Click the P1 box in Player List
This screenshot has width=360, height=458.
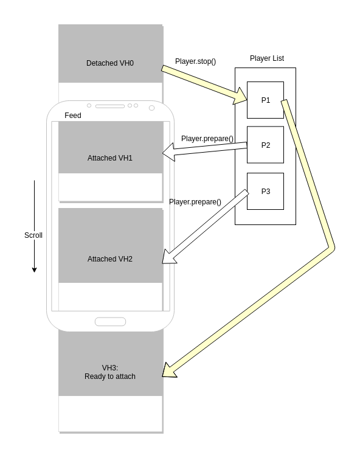tap(265, 100)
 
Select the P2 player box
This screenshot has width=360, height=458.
tap(265, 145)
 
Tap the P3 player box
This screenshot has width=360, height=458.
tap(265, 191)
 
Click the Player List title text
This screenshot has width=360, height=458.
tap(266, 58)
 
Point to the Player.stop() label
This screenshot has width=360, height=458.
tap(195, 61)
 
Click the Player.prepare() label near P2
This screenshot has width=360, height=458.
tap(207, 139)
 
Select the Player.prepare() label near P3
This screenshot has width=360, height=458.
tap(195, 202)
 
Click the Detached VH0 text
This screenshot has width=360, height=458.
tap(110, 63)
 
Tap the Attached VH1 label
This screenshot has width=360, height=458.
tap(110, 158)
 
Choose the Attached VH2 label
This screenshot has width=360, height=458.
tap(110, 259)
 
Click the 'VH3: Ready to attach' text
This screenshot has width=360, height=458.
tap(110, 372)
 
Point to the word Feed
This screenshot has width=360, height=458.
tap(72, 116)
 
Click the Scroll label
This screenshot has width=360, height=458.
tap(33, 235)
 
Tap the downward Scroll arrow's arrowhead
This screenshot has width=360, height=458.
tap(34, 269)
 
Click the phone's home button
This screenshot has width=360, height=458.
tap(110, 322)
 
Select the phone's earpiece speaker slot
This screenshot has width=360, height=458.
tap(109, 106)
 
